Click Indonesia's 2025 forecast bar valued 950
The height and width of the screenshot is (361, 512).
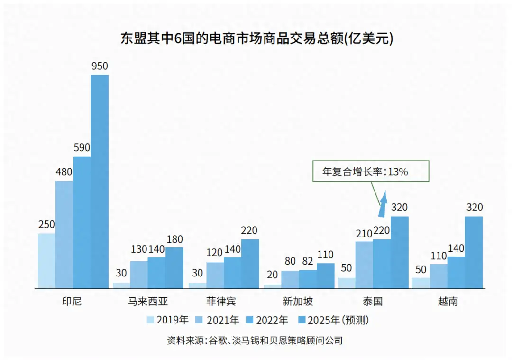pos(100,180)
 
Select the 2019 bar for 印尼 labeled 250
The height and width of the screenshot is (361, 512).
pos(46,260)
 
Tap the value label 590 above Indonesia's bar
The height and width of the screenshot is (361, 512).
pos(82,148)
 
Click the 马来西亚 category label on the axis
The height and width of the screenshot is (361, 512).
pos(148,302)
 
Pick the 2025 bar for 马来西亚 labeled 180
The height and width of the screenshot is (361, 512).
pos(174,267)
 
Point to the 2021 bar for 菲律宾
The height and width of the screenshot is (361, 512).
pos(215,275)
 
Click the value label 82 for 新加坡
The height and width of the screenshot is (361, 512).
pos(307,261)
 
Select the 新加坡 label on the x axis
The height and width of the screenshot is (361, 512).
pos(298,302)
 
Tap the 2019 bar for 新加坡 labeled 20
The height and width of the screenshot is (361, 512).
pos(272,286)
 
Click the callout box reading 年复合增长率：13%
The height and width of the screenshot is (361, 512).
pos(371,171)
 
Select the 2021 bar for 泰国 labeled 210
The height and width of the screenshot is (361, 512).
pos(364,265)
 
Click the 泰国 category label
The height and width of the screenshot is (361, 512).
pos(373,302)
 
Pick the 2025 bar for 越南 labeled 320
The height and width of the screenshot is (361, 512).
pos(474,252)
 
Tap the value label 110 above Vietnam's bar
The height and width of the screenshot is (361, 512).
pos(439,256)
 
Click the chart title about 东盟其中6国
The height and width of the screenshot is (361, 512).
pos(256,38)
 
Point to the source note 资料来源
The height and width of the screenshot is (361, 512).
pos(255,341)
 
